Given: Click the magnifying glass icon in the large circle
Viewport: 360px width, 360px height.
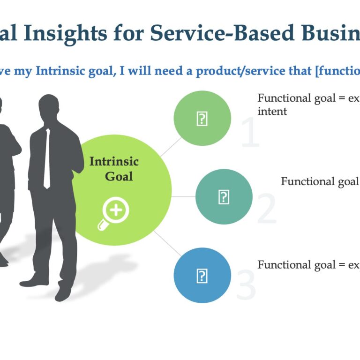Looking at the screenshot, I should [x=114, y=213].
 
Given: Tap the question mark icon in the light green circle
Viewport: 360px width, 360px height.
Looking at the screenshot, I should [x=202, y=119].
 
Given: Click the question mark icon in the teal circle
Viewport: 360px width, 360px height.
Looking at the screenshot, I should [x=224, y=197].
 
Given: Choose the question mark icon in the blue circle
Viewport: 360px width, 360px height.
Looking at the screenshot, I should [x=202, y=275].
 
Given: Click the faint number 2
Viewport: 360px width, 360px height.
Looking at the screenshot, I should [x=267, y=210].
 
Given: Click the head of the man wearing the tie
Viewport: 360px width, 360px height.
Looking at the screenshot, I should [x=49, y=107].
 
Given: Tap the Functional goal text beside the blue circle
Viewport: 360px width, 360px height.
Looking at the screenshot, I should [x=304, y=265].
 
